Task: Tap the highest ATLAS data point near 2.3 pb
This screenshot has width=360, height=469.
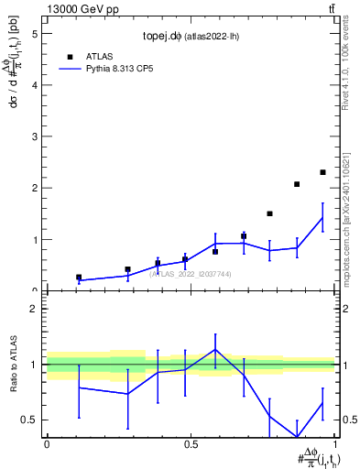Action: tap(322, 172)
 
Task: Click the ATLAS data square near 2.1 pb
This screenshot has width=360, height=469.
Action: tap(297, 184)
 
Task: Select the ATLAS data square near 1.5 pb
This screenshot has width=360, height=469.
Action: tap(269, 213)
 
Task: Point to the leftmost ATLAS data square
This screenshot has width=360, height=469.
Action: tap(79, 277)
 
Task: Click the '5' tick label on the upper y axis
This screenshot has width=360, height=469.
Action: tap(34, 34)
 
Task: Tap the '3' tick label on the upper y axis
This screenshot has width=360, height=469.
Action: tap(34, 136)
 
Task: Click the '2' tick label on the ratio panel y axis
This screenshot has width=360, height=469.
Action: tap(34, 309)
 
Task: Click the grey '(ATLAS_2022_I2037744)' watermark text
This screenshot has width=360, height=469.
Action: tap(191, 274)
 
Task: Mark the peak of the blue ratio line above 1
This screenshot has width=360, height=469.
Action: tap(215, 349)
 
